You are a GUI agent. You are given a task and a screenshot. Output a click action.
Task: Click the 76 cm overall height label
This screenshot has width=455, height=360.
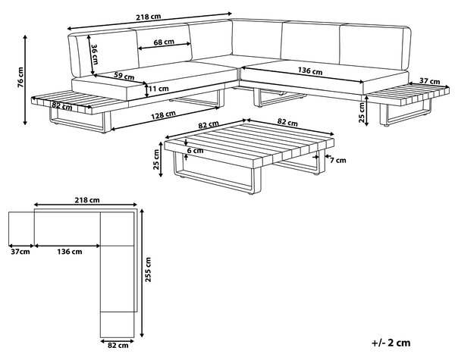tap(20, 77)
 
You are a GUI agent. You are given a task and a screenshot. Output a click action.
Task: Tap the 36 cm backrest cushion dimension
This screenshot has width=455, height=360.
tap(95, 54)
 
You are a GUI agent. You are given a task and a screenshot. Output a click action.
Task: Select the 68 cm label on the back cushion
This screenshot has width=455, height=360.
tap(164, 42)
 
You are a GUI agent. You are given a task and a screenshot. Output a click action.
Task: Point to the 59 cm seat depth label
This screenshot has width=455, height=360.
tap(124, 76)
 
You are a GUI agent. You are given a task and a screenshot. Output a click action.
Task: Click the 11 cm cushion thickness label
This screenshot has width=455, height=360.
tap(158, 89)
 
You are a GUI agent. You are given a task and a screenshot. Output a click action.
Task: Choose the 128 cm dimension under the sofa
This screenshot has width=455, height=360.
tap(163, 115)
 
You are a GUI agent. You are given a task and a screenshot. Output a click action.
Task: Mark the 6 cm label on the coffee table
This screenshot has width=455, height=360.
tap(195, 151)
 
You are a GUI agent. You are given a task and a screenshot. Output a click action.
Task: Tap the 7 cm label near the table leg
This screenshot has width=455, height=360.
tap(338, 160)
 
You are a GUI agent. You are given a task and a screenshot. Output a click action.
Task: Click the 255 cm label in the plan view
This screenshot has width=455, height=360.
tap(148, 270)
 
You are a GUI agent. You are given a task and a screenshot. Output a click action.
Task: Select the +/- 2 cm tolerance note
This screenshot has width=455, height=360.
tap(391, 343)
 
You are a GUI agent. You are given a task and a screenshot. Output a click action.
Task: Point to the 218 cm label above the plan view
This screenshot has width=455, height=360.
tap(87, 200)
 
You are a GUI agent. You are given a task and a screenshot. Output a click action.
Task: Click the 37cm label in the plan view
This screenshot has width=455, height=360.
tap(20, 252)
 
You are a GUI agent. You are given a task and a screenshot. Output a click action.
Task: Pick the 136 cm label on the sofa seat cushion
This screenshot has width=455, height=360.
tap(310, 70)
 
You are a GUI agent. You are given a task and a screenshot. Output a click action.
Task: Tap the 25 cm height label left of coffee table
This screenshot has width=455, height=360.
tap(156, 159)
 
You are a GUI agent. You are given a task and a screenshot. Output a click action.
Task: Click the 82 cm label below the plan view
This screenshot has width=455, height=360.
tap(118, 345)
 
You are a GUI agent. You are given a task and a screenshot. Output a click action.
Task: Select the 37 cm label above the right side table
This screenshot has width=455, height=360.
tap(429, 82)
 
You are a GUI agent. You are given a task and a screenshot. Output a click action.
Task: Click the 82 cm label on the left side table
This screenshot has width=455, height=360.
tap(62, 106)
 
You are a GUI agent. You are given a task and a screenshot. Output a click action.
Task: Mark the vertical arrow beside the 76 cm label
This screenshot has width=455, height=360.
tap(25, 80)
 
